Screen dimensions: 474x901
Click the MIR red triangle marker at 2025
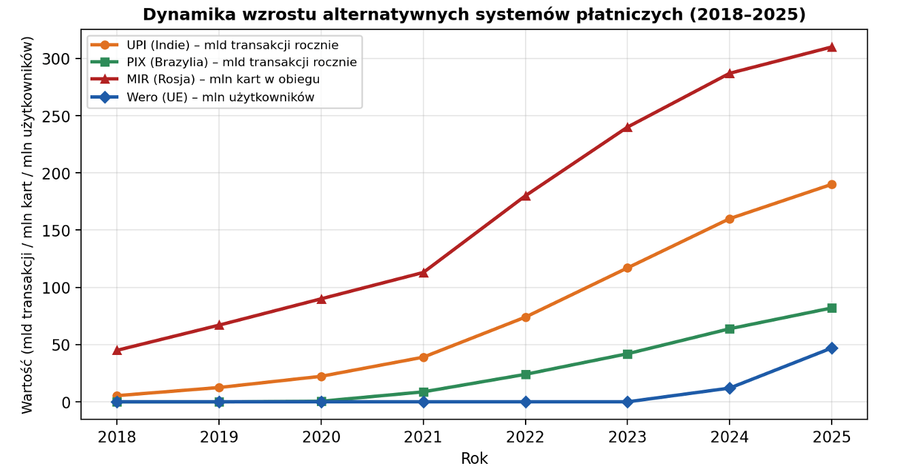pos(831,47)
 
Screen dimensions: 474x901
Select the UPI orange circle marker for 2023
pos(627,268)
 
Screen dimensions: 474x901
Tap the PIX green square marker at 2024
pos(729,329)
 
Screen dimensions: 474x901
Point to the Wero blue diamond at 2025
pos(831,348)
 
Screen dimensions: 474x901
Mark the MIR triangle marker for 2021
pos(423,273)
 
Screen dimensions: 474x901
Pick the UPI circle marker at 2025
pos(831,184)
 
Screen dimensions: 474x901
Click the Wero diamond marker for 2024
pos(729,388)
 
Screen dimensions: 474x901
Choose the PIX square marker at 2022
pos(525,375)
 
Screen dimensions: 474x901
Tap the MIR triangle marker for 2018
pos(117,350)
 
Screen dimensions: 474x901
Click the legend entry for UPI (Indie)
pos(232,46)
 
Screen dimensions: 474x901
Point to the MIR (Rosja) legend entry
pos(223,80)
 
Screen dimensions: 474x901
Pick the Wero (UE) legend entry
pos(220,97)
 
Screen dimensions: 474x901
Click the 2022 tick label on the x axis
pos(525,437)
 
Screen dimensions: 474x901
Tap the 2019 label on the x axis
pos(219,437)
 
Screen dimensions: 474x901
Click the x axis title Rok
pos(474,458)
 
